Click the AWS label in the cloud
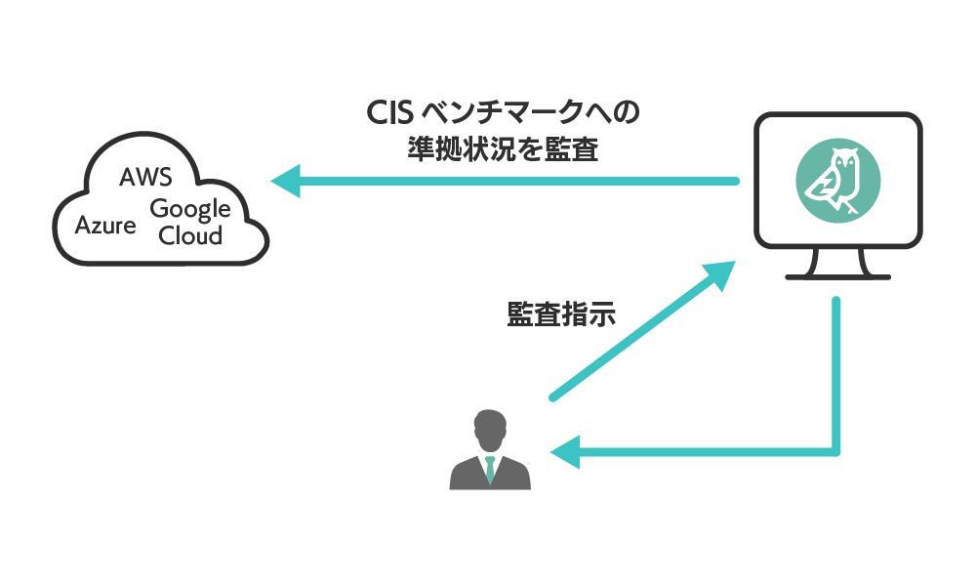click(x=144, y=178)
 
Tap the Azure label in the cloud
click(x=105, y=227)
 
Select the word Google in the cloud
click(x=189, y=209)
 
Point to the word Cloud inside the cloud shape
click(x=190, y=235)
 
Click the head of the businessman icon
click(x=490, y=430)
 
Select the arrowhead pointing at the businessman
click(x=565, y=452)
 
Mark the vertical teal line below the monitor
click(x=836, y=371)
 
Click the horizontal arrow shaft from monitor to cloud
click(x=517, y=181)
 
